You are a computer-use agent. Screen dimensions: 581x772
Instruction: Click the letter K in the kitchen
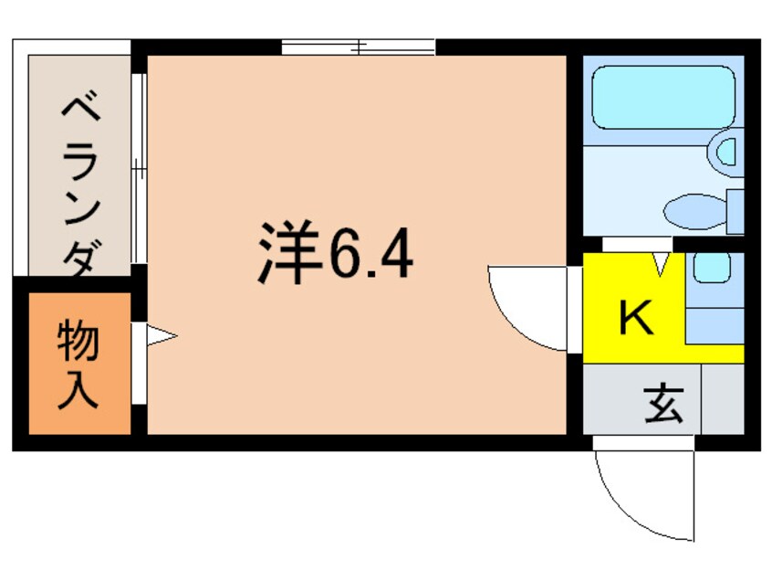[x=636, y=318]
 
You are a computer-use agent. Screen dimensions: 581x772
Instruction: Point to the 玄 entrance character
[x=663, y=402]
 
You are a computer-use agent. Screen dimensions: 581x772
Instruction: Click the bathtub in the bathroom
[x=662, y=97]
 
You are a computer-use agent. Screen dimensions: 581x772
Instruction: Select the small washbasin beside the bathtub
[x=726, y=149]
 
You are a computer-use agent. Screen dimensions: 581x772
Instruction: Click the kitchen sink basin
[x=712, y=268]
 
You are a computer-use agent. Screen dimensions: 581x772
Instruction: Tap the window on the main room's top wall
[x=358, y=46]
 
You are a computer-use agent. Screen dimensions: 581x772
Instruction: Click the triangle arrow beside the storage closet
[x=161, y=336]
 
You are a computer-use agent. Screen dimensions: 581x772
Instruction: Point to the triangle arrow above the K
[x=662, y=266]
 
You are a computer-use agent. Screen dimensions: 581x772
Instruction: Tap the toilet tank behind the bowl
[x=735, y=211]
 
